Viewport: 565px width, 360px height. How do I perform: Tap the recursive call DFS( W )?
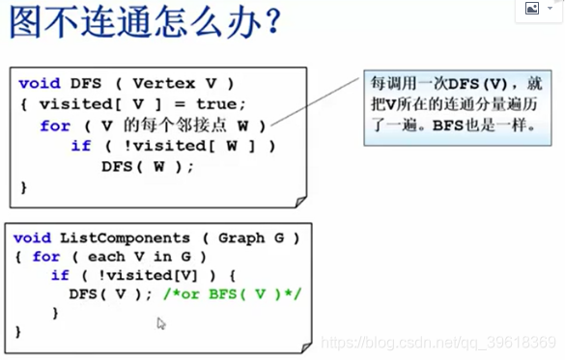[x=148, y=166]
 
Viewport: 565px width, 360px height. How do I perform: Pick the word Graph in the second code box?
[x=240, y=237]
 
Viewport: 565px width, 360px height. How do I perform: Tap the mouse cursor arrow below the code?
[x=161, y=323]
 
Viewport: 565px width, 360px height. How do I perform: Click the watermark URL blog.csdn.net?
[x=391, y=343]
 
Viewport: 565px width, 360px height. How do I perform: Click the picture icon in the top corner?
[x=532, y=8]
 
